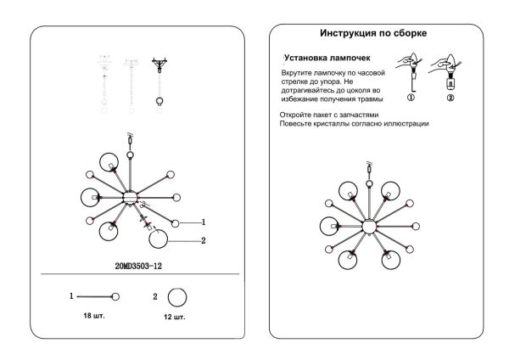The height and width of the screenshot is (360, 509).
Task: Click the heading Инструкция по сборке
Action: click(373, 33)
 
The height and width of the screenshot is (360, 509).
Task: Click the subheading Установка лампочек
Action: click(327, 58)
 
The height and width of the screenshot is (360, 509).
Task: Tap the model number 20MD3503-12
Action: click(138, 266)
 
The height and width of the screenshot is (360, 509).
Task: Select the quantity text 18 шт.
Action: click(94, 316)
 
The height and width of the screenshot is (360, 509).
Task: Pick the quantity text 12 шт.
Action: click(174, 317)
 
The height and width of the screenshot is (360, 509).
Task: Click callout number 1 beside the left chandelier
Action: click(204, 222)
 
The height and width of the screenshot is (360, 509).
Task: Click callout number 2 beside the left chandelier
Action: click(204, 240)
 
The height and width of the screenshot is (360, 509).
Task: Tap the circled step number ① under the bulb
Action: click(411, 98)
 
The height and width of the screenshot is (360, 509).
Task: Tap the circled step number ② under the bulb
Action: click(450, 98)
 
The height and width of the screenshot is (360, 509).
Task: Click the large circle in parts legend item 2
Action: click(177, 297)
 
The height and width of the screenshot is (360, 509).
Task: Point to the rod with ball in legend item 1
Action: click(98, 296)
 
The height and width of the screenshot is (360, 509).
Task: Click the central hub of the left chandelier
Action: click(130, 198)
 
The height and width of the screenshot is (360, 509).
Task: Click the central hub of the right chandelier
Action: click(369, 227)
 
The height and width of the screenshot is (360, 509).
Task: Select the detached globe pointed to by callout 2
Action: click(159, 239)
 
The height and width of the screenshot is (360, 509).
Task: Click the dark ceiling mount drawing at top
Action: click(159, 65)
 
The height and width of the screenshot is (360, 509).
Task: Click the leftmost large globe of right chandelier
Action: click(329, 226)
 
